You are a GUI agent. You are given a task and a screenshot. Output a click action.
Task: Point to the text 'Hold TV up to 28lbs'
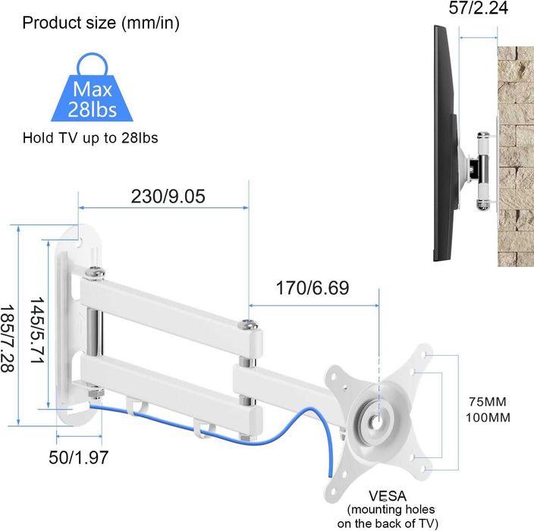coord(90,139)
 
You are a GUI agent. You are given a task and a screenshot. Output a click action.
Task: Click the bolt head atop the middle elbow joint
coord(248,325)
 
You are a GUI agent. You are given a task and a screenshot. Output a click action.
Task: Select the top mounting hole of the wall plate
coord(81,243)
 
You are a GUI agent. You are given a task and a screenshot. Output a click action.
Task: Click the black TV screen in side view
coord(442,144)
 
